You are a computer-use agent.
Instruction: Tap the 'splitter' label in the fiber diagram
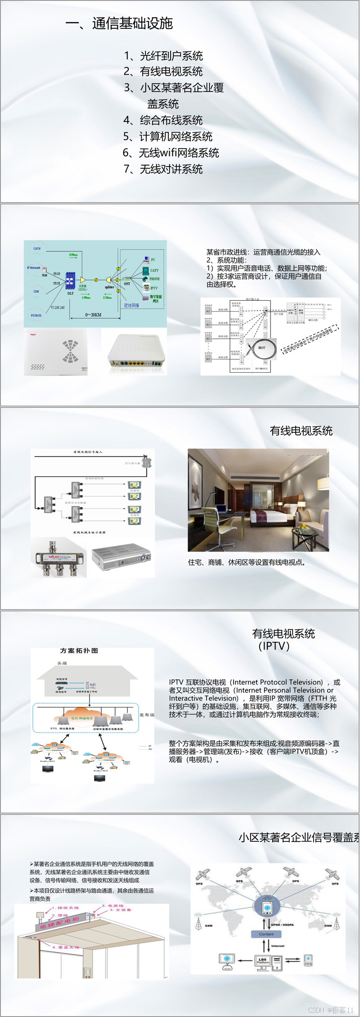(109, 287)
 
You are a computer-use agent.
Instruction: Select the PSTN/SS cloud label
(36, 316)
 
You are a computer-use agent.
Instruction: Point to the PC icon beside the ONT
(146, 259)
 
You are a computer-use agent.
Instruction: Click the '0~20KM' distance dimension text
(93, 315)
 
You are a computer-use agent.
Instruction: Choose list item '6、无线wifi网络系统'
(171, 153)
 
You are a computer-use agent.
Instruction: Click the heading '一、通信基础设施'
(119, 23)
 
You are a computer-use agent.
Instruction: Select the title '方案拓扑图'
(79, 651)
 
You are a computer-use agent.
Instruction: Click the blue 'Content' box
(266, 934)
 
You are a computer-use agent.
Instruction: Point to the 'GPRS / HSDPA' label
(282, 925)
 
